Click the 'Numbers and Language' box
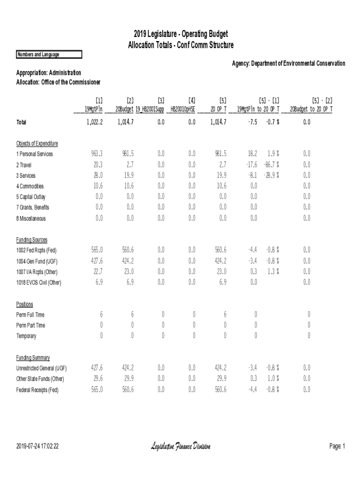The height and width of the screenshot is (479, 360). point(49,55)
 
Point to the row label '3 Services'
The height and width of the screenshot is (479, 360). point(29,175)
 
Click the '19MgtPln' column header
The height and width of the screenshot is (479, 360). point(94,109)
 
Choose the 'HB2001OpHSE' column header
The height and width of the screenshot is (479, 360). point(182,109)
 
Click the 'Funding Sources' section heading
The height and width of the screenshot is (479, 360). point(32,240)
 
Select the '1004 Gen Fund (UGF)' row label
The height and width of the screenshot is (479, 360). point(37,261)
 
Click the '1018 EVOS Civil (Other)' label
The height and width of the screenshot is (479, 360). point(39,283)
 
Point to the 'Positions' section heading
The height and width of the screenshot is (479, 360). point(25,304)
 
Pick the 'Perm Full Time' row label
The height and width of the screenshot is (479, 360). point(30,315)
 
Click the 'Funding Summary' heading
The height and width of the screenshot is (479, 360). point(33,357)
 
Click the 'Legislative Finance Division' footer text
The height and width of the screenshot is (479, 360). point(180,446)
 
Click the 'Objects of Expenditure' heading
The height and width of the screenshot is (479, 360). point(37,143)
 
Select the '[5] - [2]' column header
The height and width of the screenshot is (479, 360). point(322,100)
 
